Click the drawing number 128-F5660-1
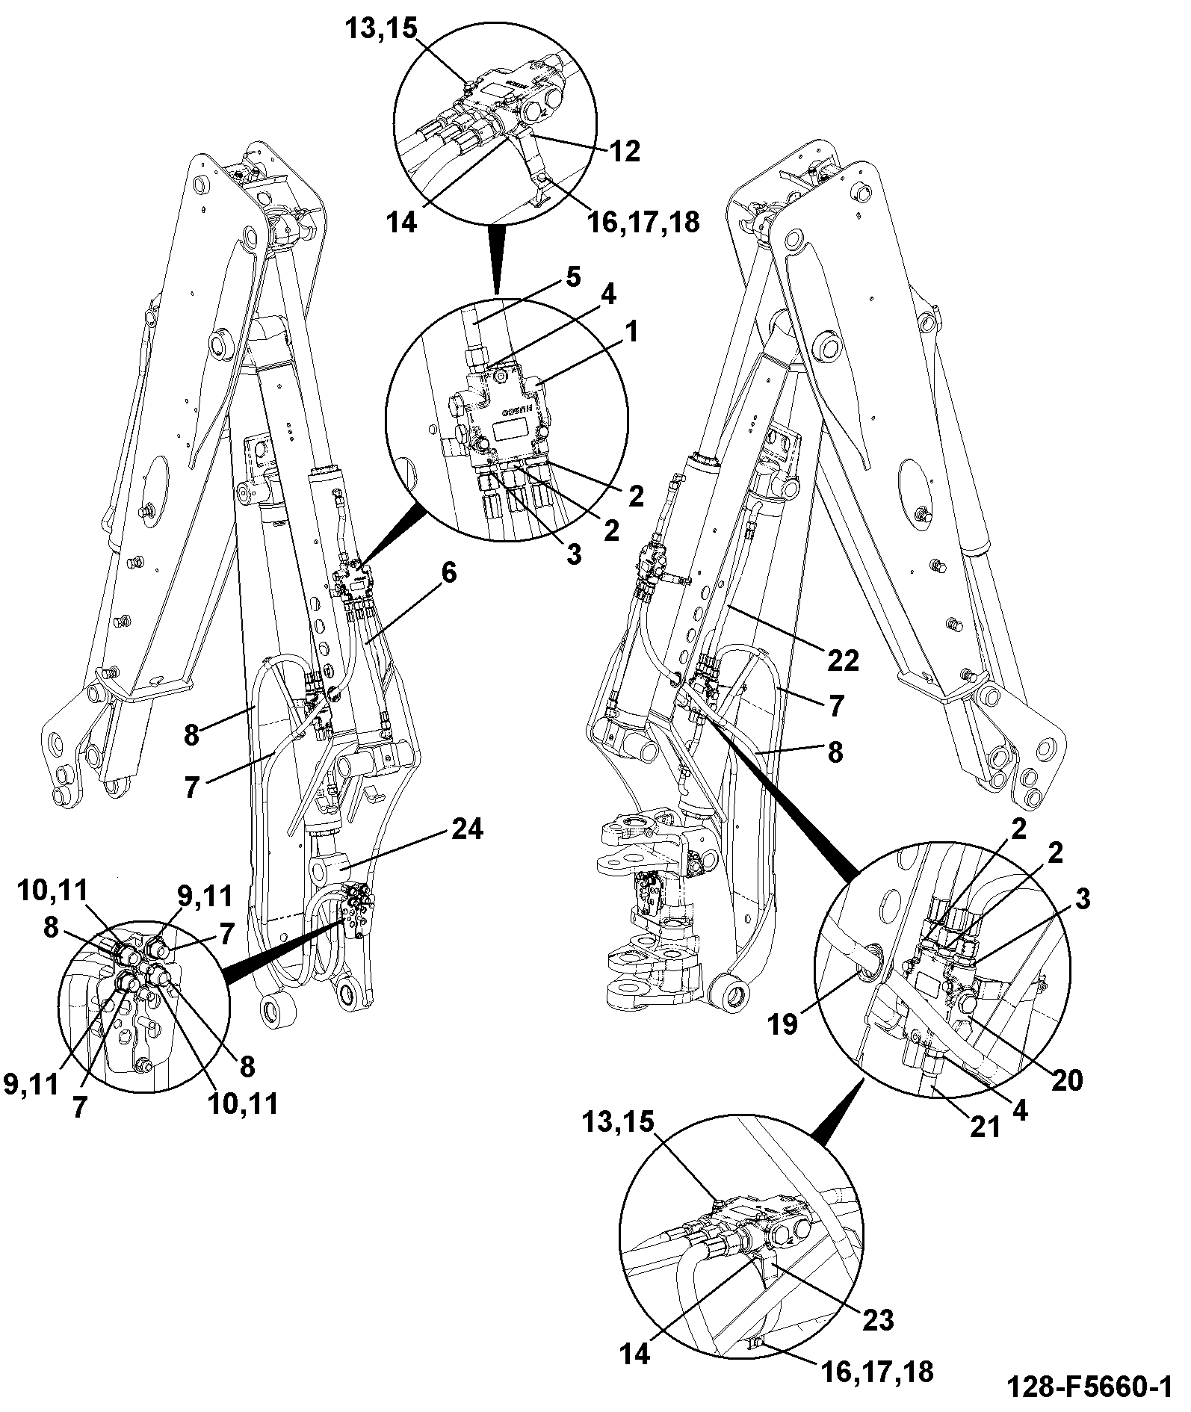tap(1088, 1387)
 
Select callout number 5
tap(572, 278)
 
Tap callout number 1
tap(631, 331)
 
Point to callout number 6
tap(449, 574)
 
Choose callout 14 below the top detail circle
tap(402, 222)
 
